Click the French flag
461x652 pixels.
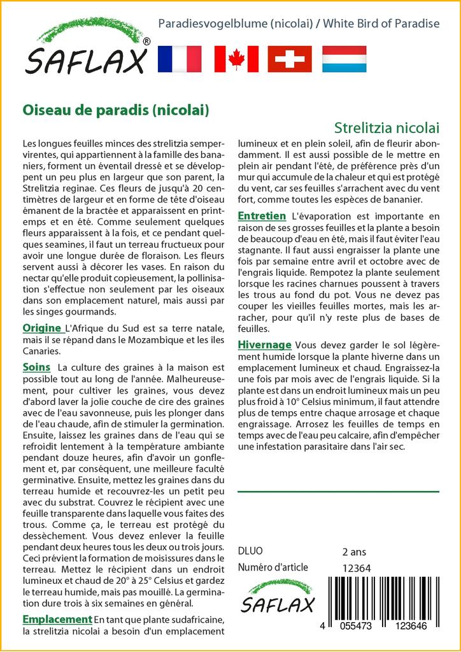(179, 59)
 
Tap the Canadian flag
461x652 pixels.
(236, 59)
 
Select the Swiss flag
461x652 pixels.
(290, 59)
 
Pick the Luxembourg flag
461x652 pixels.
(344, 59)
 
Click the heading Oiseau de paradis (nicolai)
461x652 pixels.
(116, 109)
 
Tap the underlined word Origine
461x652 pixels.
(42, 328)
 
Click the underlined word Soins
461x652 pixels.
(36, 367)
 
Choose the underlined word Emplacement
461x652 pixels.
(57, 619)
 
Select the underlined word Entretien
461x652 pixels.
(261, 216)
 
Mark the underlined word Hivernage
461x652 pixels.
(264, 344)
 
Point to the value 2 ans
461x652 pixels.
(354, 551)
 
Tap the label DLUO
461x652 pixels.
(250, 551)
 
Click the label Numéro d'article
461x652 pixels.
(273, 567)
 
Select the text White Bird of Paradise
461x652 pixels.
(381, 24)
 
